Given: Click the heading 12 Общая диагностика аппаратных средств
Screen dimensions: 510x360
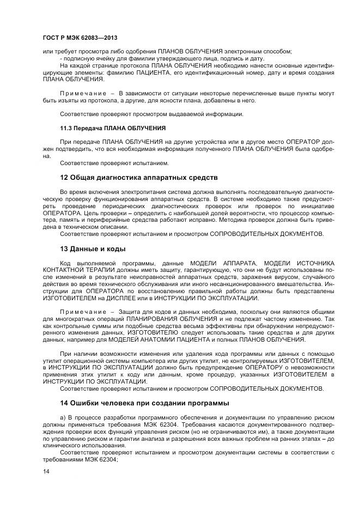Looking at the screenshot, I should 138,178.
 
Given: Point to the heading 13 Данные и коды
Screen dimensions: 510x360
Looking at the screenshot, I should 93,249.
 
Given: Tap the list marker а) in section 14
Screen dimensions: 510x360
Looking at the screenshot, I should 63,417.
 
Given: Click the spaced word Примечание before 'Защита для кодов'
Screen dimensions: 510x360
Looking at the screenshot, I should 83,311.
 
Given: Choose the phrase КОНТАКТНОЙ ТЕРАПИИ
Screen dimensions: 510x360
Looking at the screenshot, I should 74,270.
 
